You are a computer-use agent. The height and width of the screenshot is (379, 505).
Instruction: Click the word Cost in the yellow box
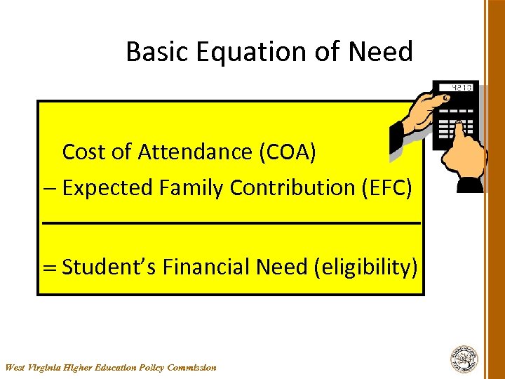83,152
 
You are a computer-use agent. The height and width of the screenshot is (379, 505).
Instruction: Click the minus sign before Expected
48,188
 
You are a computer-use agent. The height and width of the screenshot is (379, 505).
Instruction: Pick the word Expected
107,188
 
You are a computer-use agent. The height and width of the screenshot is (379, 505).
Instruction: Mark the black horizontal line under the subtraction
231,222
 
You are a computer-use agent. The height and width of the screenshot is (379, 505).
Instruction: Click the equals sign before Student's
49,267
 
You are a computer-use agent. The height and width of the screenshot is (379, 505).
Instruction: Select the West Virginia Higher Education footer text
111,367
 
